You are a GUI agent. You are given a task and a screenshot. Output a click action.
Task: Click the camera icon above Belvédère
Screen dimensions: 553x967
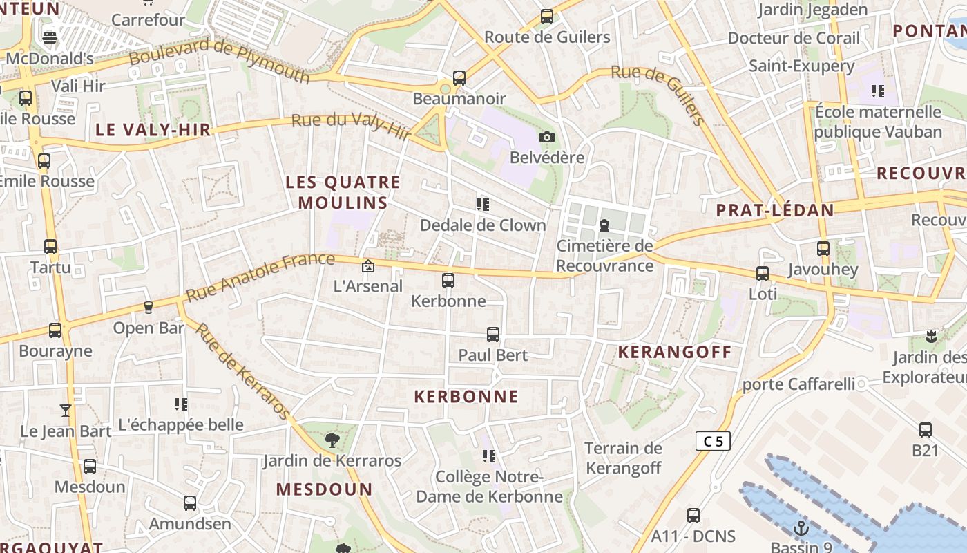click(547, 137)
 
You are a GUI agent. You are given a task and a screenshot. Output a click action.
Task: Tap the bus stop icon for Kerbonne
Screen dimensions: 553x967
click(448, 281)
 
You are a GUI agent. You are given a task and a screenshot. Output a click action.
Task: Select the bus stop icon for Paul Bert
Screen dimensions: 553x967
click(493, 335)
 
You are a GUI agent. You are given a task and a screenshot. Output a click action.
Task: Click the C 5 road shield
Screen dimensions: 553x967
click(713, 441)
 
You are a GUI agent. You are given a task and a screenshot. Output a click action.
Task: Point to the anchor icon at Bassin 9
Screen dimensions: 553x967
click(801, 529)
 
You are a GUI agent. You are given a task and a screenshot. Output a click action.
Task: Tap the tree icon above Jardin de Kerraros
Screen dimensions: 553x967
click(332, 440)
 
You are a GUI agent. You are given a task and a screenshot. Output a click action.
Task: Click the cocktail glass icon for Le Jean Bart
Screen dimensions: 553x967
click(66, 411)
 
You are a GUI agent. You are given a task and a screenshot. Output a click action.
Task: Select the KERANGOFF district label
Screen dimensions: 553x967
click(674, 352)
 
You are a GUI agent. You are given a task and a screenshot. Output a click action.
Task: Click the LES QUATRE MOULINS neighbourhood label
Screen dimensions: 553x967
click(343, 192)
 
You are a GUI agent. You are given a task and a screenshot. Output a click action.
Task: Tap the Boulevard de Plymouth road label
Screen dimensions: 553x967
click(219, 61)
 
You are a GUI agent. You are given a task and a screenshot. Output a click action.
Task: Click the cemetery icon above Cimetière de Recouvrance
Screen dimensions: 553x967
click(604, 225)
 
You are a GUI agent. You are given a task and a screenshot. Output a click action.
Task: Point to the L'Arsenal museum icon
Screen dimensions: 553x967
click(368, 265)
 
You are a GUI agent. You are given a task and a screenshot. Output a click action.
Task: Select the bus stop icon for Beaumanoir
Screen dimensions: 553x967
click(459, 78)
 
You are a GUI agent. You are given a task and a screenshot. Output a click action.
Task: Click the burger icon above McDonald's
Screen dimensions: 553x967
click(50, 38)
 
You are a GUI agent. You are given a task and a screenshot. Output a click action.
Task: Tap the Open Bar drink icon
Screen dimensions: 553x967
click(148, 307)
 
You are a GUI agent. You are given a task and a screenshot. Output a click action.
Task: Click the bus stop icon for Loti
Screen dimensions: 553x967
click(763, 274)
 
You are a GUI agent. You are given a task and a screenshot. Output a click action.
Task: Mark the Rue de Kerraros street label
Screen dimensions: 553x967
click(242, 371)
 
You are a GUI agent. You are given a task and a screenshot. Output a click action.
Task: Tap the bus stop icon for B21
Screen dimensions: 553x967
click(926, 430)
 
